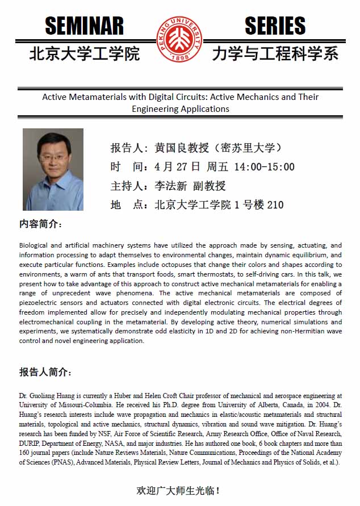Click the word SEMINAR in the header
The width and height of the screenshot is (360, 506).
pos(84,26)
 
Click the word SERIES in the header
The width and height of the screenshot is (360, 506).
pos(275,26)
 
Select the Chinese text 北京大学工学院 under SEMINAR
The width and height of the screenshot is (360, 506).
pos(84,54)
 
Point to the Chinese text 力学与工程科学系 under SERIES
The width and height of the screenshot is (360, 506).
pos(275,54)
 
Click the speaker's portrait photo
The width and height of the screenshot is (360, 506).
pos(53,169)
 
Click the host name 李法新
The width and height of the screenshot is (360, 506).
pos(171,186)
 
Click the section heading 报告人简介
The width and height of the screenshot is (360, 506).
pos(45,373)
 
